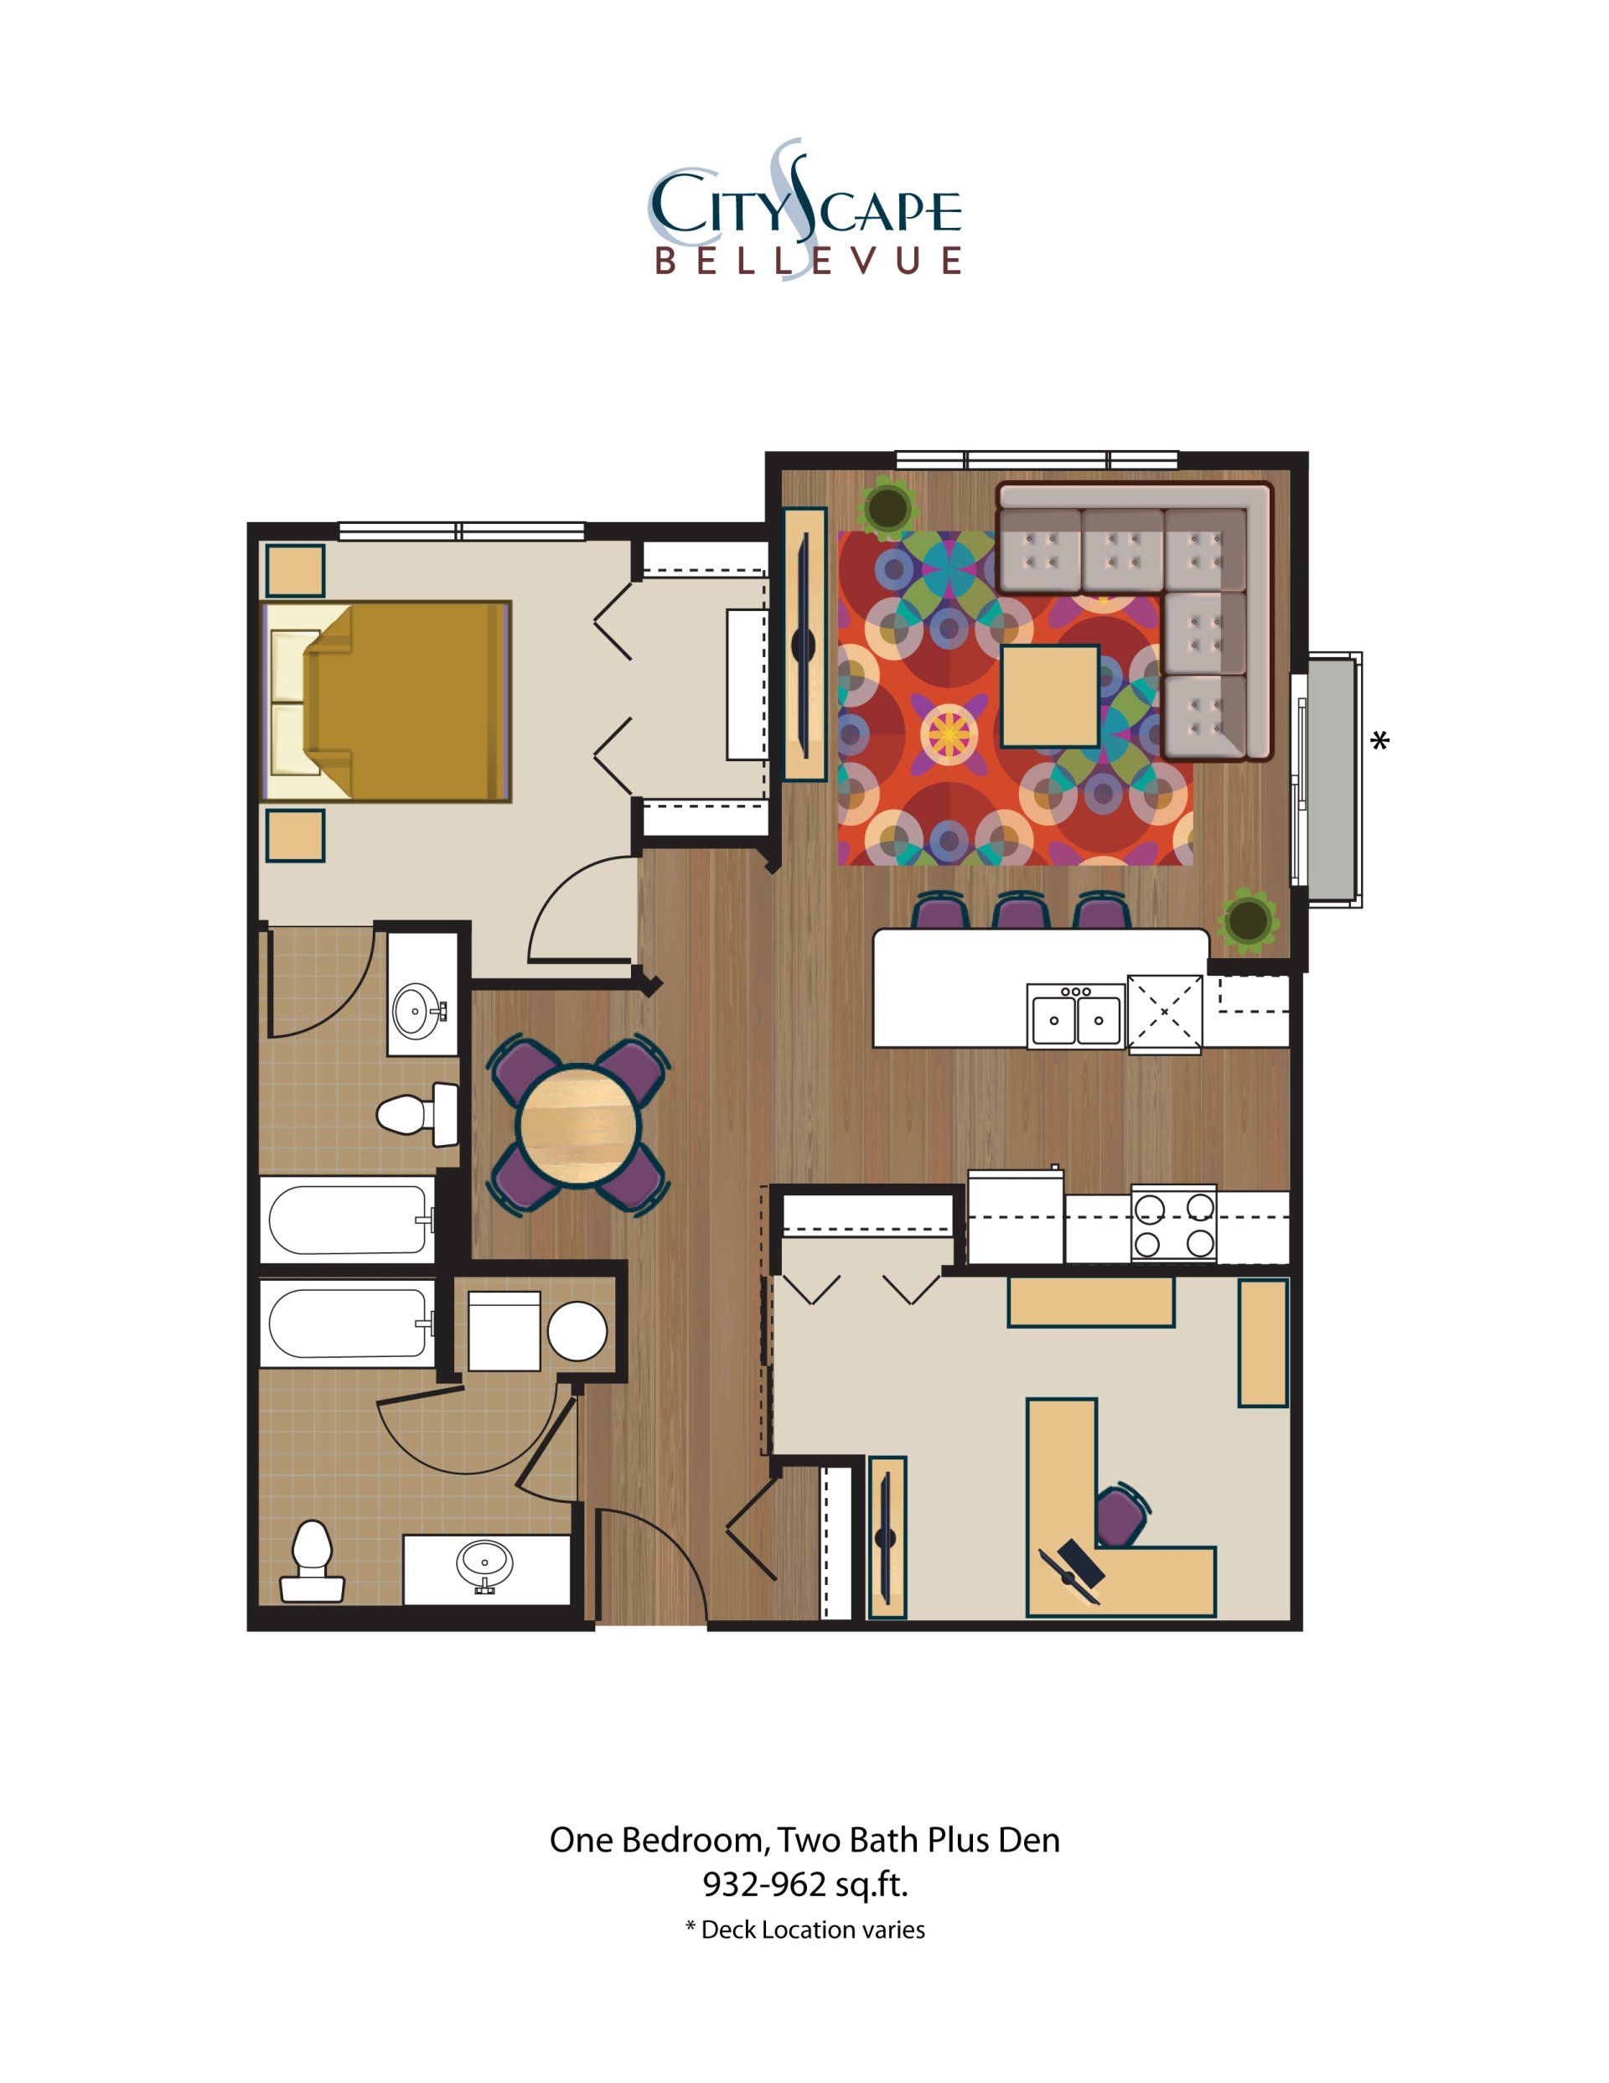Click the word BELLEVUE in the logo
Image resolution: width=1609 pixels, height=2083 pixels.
click(807, 262)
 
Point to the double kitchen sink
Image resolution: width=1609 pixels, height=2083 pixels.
click(1076, 1018)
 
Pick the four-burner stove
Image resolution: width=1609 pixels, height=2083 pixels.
click(1173, 1224)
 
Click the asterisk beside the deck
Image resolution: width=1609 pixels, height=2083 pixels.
click(1379, 741)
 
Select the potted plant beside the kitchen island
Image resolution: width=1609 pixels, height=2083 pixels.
click(1247, 920)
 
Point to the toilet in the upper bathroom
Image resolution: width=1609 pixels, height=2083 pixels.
click(417, 1112)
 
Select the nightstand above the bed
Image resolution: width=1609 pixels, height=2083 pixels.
click(295, 570)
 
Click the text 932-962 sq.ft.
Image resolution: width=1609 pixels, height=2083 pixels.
click(804, 1884)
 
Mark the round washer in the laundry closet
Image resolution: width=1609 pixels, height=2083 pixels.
click(577, 1331)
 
